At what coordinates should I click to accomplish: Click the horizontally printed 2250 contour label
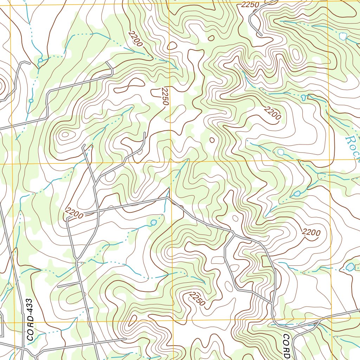pyautogui.click(x=250, y=5)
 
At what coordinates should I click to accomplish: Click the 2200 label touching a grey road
pyautogui.click(x=74, y=213)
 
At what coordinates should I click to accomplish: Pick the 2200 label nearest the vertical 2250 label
pyautogui.click(x=135, y=39)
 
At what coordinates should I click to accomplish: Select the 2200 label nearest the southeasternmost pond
pyautogui.click(x=311, y=232)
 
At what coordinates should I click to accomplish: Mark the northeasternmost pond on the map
pyautogui.click(x=342, y=36)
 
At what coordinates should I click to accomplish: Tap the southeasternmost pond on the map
pyautogui.click(x=350, y=267)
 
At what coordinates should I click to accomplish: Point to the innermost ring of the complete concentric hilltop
pyautogui.click(x=65, y=134)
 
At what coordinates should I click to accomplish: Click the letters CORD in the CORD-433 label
pyautogui.click(x=30, y=329)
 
